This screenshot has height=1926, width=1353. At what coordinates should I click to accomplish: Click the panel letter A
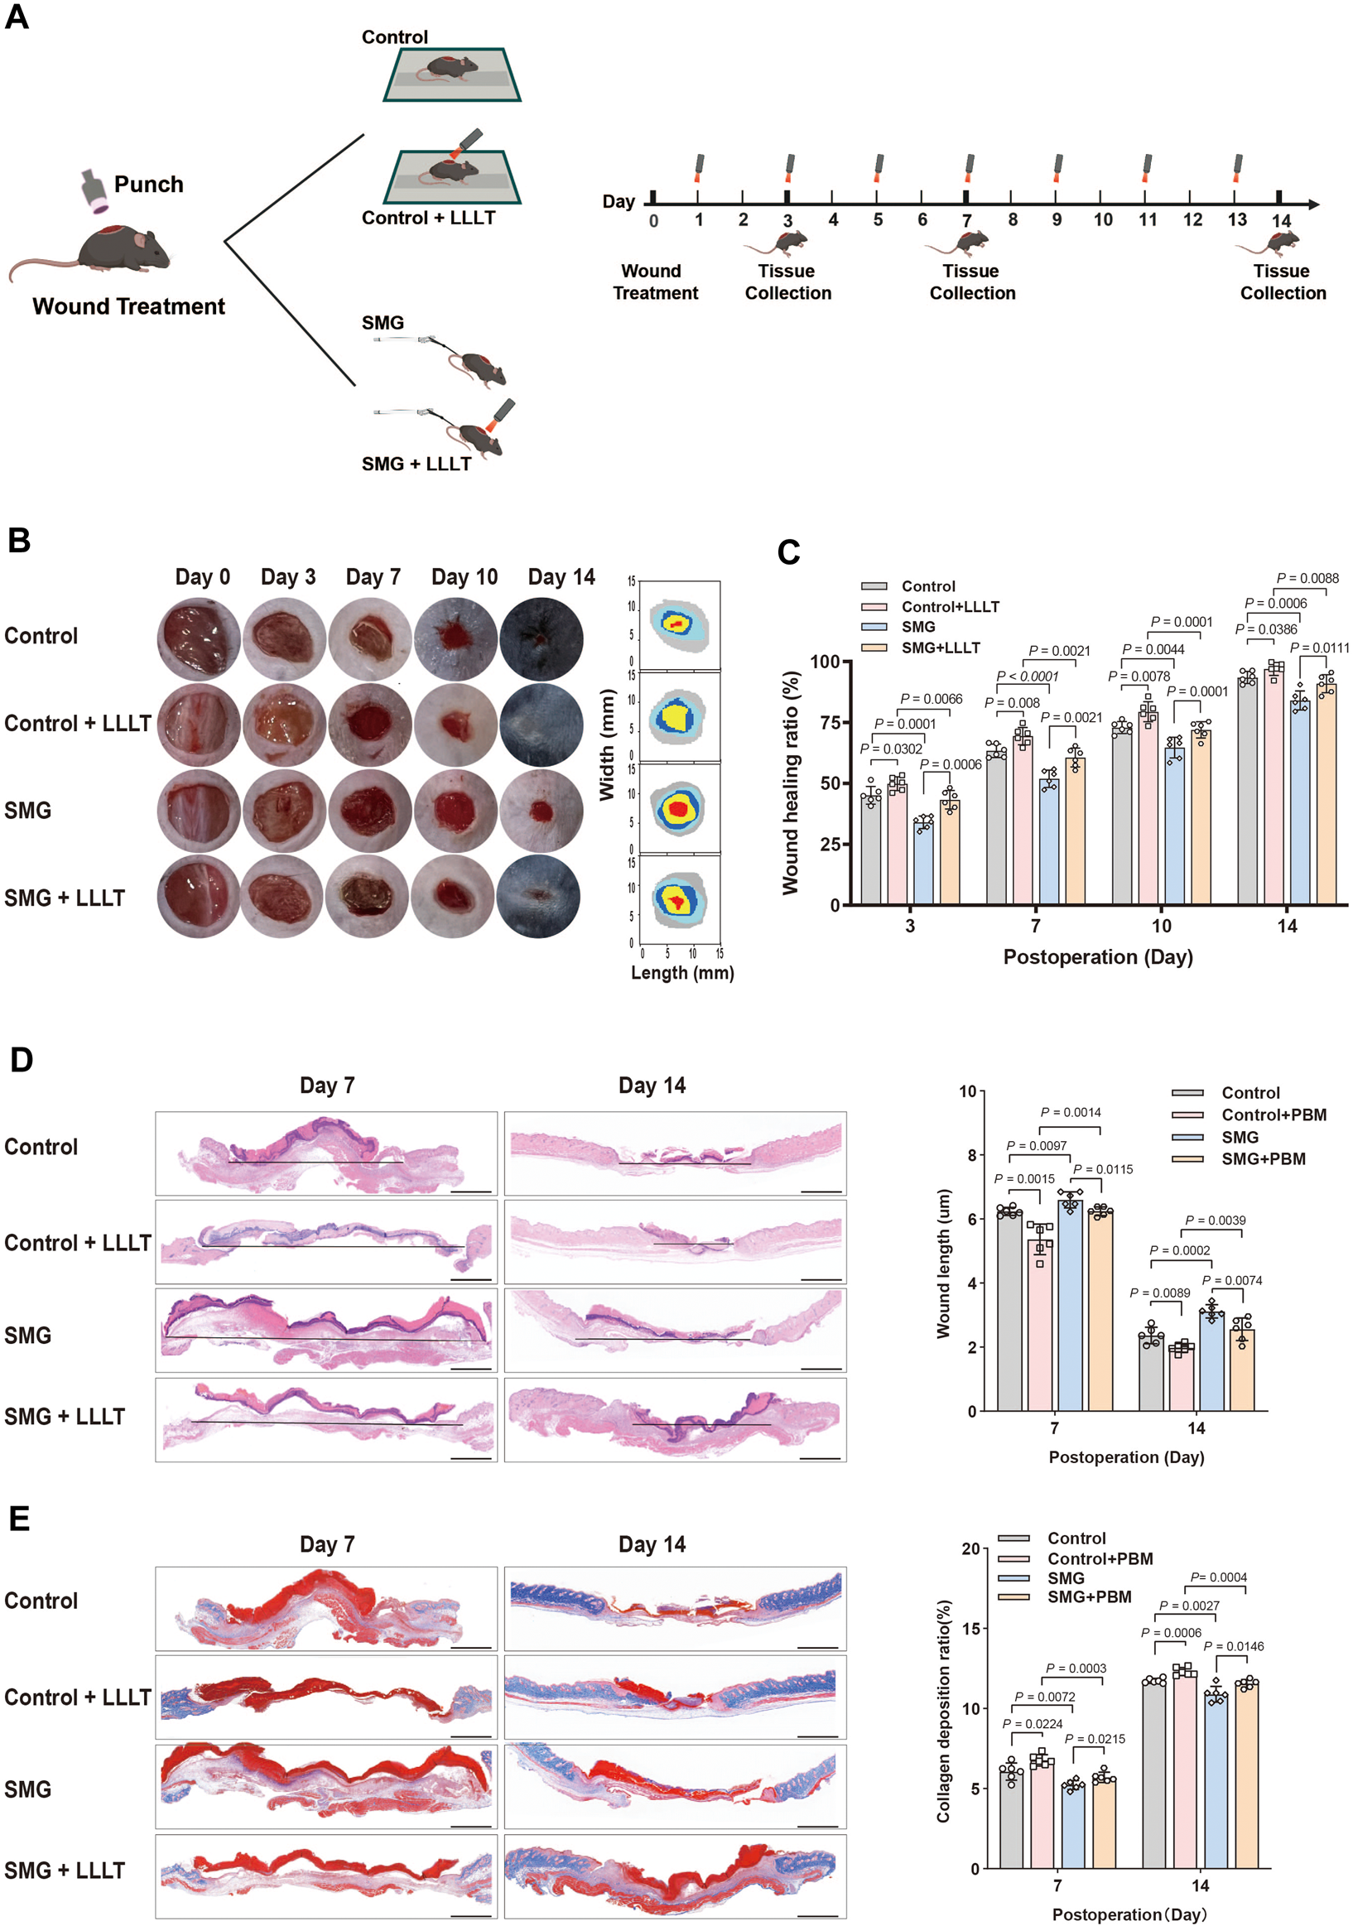click(x=17, y=17)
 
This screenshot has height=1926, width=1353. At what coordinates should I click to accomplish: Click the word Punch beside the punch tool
click(x=148, y=185)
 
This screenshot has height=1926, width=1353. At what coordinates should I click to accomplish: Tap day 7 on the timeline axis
click(x=966, y=219)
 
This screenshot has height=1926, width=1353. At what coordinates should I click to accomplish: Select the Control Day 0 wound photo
click(x=199, y=638)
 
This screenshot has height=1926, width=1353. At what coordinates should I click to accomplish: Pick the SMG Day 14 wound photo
click(x=541, y=811)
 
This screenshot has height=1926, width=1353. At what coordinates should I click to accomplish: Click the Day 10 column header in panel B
click(x=464, y=577)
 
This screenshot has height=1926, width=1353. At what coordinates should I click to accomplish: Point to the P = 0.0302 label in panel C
click(x=891, y=749)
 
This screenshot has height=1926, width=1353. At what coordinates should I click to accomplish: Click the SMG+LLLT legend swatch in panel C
click(x=875, y=648)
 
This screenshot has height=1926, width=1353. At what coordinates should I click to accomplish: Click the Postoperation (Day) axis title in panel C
click(x=1097, y=957)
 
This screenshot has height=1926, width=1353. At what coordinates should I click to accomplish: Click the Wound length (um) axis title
click(x=944, y=1263)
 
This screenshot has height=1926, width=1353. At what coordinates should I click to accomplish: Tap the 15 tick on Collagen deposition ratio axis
click(x=970, y=1628)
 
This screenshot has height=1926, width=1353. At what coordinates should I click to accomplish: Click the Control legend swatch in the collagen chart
click(x=1014, y=1538)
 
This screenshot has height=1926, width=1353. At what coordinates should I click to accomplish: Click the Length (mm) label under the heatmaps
click(x=682, y=973)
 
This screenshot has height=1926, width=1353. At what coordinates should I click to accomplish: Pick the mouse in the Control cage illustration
click(x=450, y=69)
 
